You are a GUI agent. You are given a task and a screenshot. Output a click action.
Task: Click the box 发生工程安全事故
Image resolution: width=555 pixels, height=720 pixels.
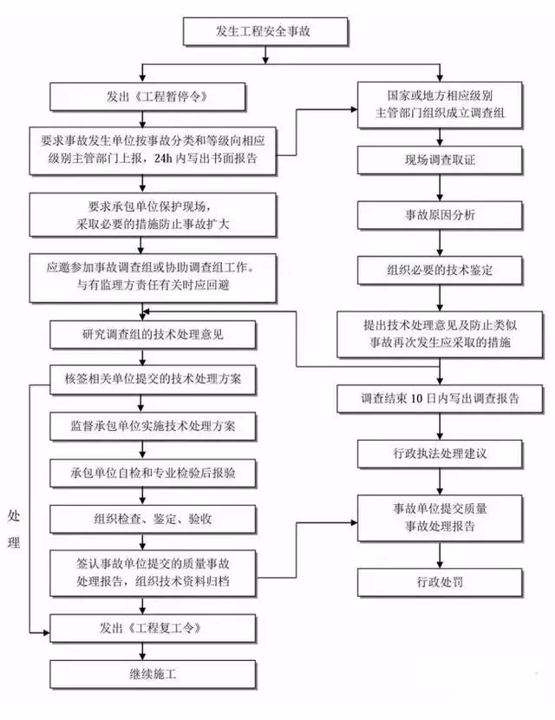pos(266,33)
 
